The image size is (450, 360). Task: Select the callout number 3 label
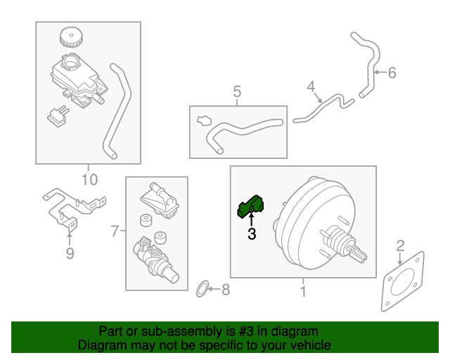click(x=251, y=234)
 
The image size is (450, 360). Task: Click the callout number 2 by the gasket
click(x=400, y=245)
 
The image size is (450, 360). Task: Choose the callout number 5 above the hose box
click(x=237, y=91)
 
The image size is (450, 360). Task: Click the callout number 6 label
click(x=392, y=72)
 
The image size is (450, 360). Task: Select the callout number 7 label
click(x=115, y=230)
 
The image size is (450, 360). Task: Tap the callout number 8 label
click(x=225, y=289)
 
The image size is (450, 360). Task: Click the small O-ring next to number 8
click(x=201, y=288)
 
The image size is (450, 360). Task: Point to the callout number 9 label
click(x=70, y=254)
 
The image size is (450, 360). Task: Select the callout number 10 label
click(x=89, y=179)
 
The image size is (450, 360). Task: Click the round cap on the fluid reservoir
click(x=70, y=36)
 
